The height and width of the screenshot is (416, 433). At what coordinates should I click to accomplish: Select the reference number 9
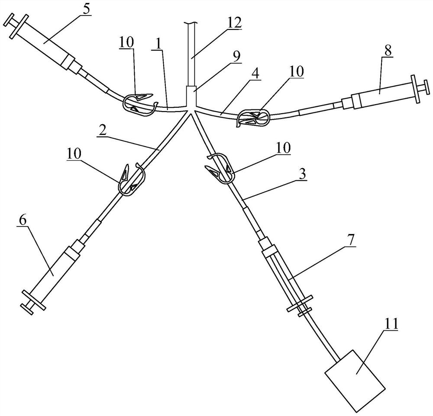[x=237, y=57]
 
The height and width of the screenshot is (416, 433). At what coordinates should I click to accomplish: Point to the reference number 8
[x=387, y=50]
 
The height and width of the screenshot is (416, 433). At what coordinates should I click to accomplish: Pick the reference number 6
[x=23, y=220]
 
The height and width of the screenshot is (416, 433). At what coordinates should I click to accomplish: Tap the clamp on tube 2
[x=131, y=179]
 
